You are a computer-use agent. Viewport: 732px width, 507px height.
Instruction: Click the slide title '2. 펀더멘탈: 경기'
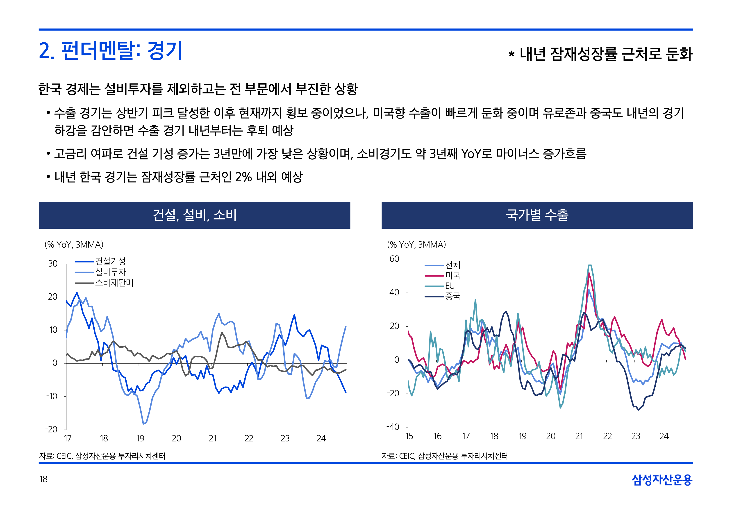[110, 51]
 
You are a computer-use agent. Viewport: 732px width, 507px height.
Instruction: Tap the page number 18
[43, 479]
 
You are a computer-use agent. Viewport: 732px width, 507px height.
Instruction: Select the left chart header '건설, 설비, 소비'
[194, 215]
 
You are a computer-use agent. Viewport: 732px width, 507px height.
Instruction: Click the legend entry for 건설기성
[110, 261]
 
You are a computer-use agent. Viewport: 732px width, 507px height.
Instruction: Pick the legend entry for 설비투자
[110, 272]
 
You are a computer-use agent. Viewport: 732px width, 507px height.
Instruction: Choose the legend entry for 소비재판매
[114, 282]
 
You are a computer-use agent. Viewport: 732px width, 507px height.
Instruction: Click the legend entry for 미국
[452, 275]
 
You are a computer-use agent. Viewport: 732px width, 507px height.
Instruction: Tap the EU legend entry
[450, 286]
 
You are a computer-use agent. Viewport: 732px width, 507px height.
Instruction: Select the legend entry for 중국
[452, 296]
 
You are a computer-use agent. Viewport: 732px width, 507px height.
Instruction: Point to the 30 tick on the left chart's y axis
[53, 264]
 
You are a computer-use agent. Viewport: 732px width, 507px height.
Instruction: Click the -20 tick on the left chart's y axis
[51, 429]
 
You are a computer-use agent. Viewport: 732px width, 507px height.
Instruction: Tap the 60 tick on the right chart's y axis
[394, 259]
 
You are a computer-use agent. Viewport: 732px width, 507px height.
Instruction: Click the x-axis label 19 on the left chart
[140, 438]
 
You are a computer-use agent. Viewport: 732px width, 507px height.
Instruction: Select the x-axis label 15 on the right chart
[409, 436]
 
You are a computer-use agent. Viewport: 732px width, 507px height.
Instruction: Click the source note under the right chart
[444, 456]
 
